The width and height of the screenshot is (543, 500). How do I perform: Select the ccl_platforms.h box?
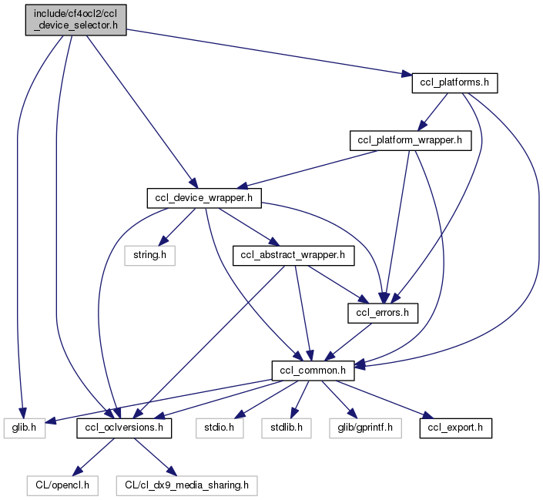click(455, 82)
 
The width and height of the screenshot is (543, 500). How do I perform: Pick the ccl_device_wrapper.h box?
click(204, 198)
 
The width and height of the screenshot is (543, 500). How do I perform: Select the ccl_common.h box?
click(313, 371)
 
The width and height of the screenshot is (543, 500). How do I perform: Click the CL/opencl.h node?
click(64, 485)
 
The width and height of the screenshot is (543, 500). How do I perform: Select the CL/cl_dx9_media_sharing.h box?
click(187, 485)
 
